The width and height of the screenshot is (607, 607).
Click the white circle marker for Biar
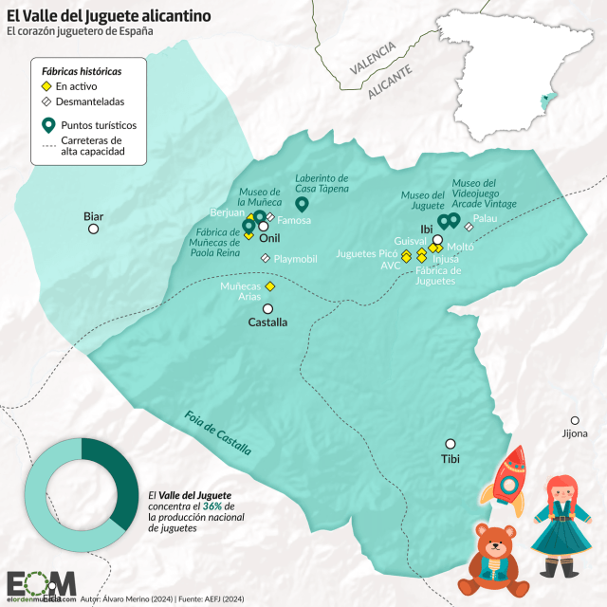[94, 230]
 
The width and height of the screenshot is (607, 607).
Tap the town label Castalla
[267, 322]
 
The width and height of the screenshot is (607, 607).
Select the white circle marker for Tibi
[451, 443]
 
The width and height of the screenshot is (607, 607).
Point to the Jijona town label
[575, 434]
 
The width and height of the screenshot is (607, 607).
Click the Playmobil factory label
[295, 258]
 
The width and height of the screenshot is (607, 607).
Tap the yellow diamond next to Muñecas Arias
[269, 285]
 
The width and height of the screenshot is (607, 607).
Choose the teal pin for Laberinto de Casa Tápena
[303, 204]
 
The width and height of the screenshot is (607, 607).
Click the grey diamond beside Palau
[469, 226]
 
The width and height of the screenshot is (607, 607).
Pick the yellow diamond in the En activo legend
[46, 85]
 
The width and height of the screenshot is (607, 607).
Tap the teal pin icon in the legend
[47, 124]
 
